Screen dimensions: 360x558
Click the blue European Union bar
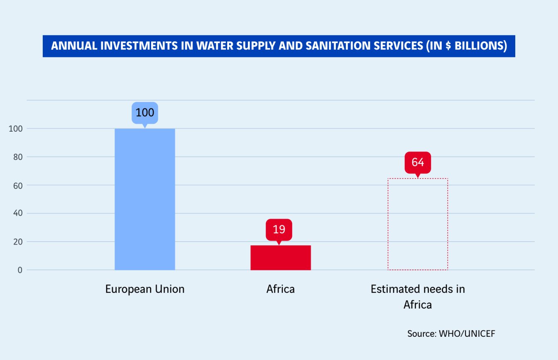click(x=144, y=199)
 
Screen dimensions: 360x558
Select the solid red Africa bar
click(x=281, y=257)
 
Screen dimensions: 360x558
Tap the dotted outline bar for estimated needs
click(x=418, y=224)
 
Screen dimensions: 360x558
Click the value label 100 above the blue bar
click(x=145, y=113)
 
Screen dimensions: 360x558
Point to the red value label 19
click(x=279, y=229)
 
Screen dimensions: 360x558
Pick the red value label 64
click(x=418, y=162)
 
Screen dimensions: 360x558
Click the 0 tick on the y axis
click(x=19, y=270)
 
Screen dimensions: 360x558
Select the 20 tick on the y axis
click(x=17, y=242)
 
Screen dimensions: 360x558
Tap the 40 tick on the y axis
click(x=17, y=213)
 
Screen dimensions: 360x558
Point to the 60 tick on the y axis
click(x=17, y=185)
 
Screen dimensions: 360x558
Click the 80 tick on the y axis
click(x=17, y=157)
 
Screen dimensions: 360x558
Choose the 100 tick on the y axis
click(x=15, y=129)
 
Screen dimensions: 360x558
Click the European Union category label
click(x=144, y=289)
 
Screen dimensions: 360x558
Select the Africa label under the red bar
click(x=281, y=289)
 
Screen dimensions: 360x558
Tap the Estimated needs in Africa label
click(x=418, y=296)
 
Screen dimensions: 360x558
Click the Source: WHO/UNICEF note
click(x=451, y=334)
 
